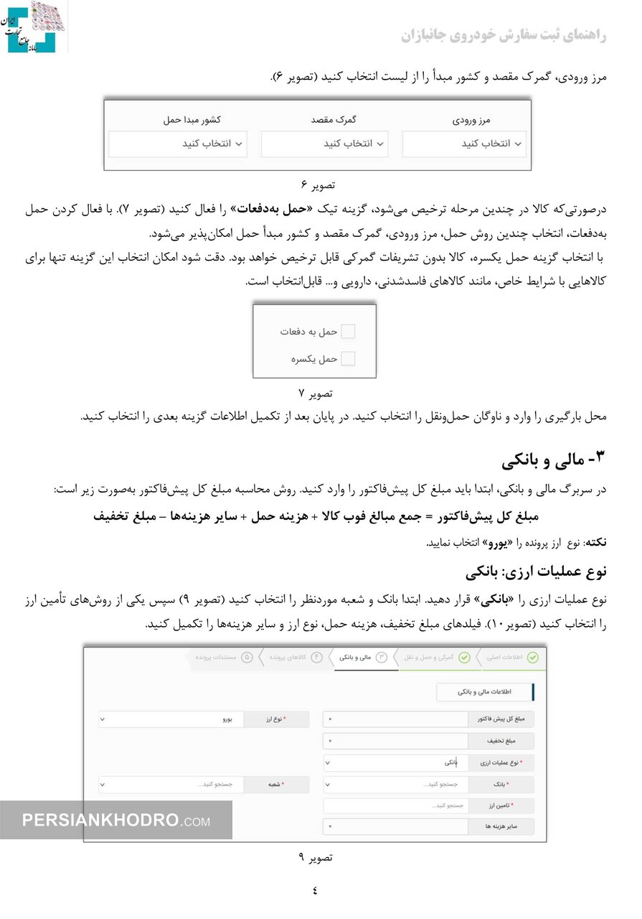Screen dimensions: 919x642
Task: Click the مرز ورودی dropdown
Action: [x=463, y=144]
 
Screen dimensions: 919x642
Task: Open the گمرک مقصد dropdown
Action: [x=324, y=144]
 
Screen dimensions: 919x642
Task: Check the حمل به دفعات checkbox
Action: [x=348, y=332]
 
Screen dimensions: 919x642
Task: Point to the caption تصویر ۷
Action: [x=315, y=393]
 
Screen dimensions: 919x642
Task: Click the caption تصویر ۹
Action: [x=315, y=857]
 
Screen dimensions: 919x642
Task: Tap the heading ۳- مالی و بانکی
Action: [x=553, y=459]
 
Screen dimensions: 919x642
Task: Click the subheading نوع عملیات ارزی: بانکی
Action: [x=535, y=572]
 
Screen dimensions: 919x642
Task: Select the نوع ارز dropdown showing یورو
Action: [x=172, y=719]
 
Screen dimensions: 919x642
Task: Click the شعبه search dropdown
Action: [x=172, y=785]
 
